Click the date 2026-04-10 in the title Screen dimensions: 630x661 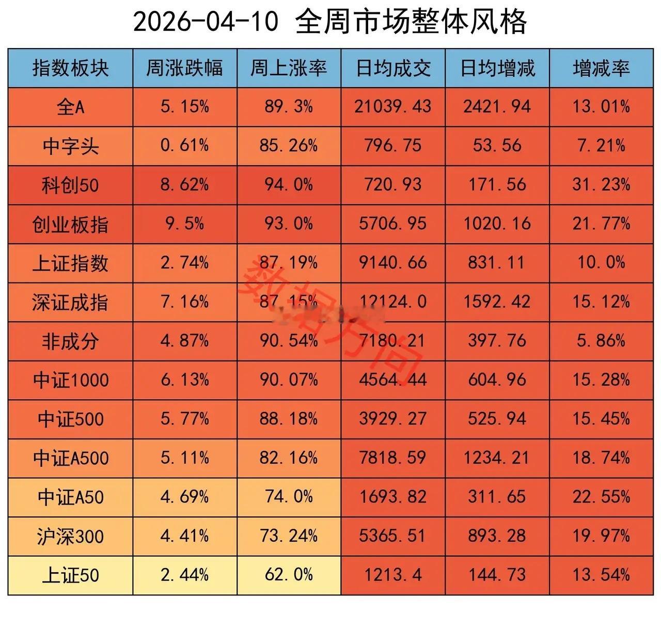tap(206, 22)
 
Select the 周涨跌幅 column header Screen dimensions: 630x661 tap(184, 68)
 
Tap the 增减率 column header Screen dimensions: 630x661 tap(601, 68)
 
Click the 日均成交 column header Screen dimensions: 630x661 tap(393, 68)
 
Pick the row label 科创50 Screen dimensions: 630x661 tap(70, 185)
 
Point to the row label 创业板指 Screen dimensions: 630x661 tap(70, 224)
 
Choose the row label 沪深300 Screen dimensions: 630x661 tap(70, 537)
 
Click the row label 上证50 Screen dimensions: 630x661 tap(70, 575)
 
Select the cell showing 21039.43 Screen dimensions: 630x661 tap(393, 107)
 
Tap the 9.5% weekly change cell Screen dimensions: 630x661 tap(184, 224)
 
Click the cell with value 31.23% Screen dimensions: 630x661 tap(601, 185)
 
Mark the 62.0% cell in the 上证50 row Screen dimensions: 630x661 tap(289, 575)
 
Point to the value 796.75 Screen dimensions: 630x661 tap(393, 146)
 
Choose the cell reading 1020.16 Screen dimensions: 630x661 tap(497, 224)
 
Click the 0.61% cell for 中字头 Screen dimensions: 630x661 tap(184, 146)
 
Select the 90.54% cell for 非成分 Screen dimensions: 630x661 tap(289, 341)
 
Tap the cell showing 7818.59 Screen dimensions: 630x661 tap(393, 458)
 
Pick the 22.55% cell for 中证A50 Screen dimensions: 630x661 tap(601, 497)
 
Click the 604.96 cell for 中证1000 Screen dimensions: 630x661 tap(497, 380)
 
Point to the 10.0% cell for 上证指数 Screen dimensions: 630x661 tap(601, 263)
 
